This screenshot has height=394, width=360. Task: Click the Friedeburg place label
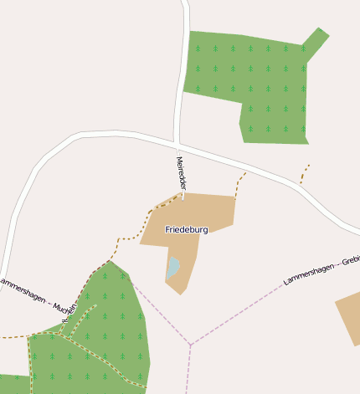[x=186, y=229]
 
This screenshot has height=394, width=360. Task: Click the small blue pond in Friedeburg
[x=173, y=268]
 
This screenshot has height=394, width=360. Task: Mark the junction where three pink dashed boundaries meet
[x=191, y=344]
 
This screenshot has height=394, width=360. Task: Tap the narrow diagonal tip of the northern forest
[x=315, y=42]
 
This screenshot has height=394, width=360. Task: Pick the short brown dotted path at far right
[x=305, y=174]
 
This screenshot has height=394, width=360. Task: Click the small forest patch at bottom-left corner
[x=12, y=384]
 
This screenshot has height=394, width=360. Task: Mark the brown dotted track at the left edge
[x=12, y=337]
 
